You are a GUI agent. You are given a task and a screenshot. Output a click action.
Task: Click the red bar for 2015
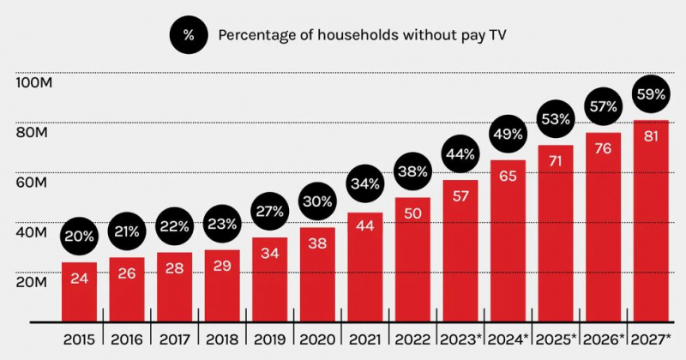79,291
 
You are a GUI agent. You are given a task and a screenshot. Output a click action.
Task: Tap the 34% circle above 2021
365,184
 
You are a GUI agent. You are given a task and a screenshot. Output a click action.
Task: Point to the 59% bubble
651,94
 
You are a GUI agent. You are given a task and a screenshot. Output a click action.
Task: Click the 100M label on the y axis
33,83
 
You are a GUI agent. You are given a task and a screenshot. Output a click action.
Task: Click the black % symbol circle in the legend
189,35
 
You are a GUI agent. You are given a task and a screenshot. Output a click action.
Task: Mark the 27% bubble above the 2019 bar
270,210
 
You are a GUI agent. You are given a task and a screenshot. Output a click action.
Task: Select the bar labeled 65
508,240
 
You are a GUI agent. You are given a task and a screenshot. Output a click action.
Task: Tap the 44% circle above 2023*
460,154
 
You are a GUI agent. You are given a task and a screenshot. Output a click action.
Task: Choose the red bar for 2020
317,274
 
